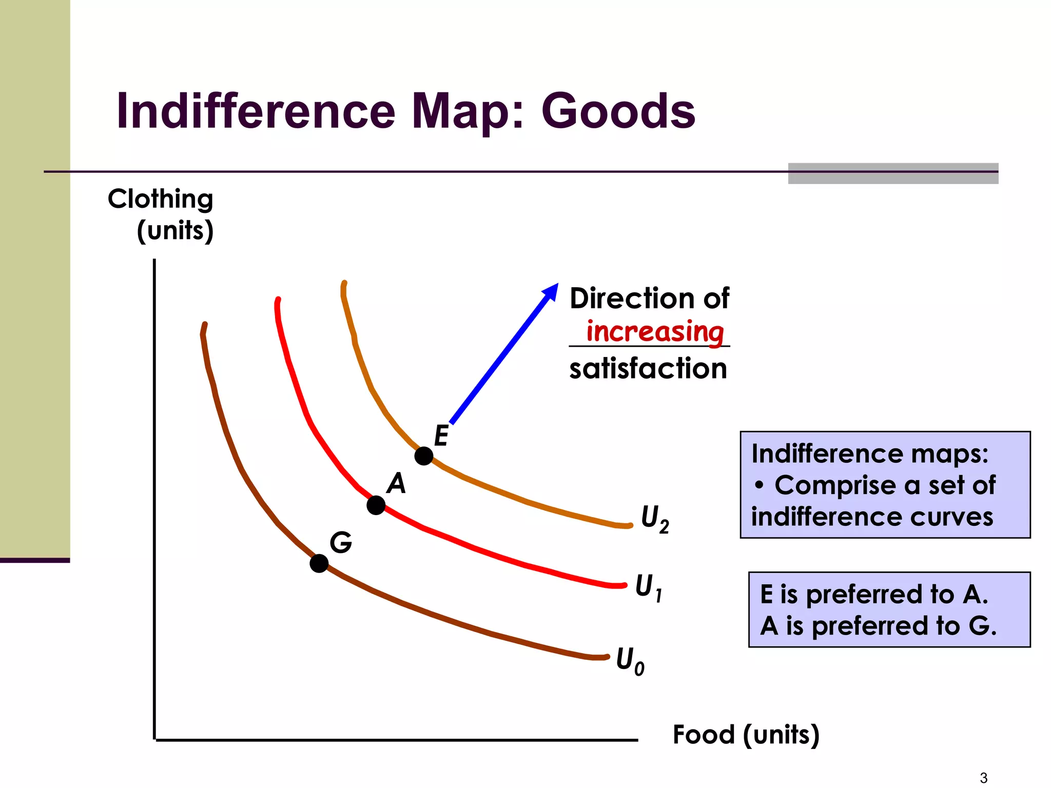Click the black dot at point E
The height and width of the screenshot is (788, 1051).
click(x=424, y=456)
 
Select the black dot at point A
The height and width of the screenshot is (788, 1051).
click(x=376, y=505)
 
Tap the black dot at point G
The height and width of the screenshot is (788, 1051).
click(x=319, y=563)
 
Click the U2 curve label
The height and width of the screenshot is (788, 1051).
click(x=655, y=519)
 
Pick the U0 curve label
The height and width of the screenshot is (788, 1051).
click(x=630, y=661)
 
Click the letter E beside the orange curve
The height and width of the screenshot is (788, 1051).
click(x=441, y=436)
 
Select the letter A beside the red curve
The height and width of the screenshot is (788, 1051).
click(x=396, y=484)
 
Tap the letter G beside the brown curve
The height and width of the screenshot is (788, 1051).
click(x=341, y=542)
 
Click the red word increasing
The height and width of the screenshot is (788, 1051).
click(x=655, y=332)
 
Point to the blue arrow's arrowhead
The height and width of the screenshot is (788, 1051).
click(x=551, y=291)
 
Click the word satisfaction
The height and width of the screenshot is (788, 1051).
click(x=648, y=369)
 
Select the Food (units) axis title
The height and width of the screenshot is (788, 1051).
click(x=746, y=735)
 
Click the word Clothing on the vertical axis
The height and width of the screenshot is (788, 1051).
click(x=160, y=199)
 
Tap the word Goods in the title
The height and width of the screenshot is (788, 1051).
click(x=618, y=111)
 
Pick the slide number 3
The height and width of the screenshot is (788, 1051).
click(x=983, y=778)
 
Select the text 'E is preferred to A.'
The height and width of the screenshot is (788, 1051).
click(x=874, y=595)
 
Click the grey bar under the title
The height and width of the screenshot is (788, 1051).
click(x=893, y=173)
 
